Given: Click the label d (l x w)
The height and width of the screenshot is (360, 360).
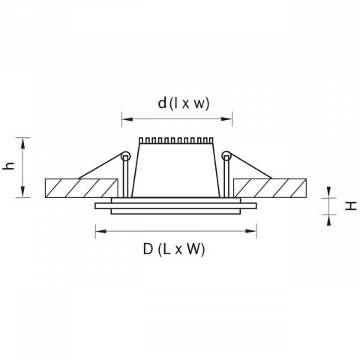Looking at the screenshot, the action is point(184,103).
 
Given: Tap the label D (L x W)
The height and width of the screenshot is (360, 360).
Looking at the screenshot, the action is point(174,249).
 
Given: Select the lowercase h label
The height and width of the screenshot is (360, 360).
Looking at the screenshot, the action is point(9,166).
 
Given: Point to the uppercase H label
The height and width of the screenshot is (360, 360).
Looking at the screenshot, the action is point(351,206).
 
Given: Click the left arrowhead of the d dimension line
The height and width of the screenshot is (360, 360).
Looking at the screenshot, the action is point(127,119).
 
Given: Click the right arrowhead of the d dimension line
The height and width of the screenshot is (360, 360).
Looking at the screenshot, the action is point(227,119).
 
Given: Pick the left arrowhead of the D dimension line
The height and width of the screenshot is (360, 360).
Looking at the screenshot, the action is point(100,231).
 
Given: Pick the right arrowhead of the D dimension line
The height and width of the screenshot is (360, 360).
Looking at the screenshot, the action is point(251,231).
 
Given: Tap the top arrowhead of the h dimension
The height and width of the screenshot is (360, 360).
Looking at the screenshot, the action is point(22,143).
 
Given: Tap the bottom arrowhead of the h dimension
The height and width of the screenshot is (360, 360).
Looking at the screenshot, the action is point(22,192).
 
